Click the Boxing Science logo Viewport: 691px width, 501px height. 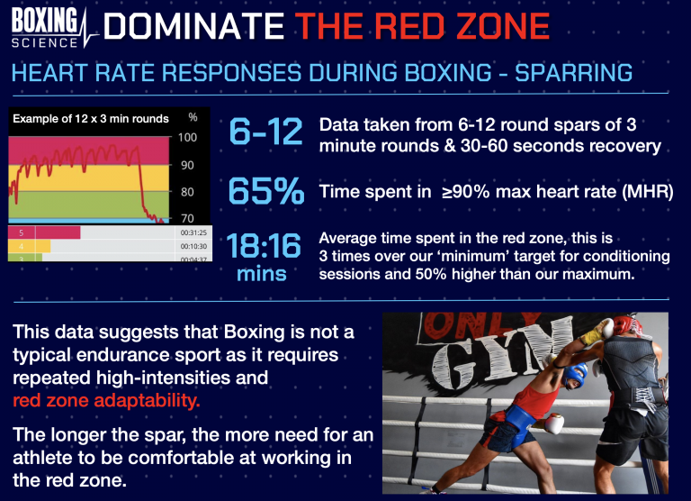[49, 28]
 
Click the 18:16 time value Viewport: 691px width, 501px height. [262, 246]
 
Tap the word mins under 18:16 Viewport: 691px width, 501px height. [262, 274]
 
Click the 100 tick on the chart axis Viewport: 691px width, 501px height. [187, 138]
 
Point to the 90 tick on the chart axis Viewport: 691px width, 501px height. [187, 165]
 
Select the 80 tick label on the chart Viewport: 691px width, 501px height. [187, 192]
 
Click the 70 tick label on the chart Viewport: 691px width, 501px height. [187, 218]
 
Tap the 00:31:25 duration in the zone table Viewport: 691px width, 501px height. [193, 232]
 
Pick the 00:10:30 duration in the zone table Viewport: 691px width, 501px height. [193, 246]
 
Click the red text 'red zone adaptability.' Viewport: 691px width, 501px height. [107, 399]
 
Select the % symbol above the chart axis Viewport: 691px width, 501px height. [192, 118]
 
